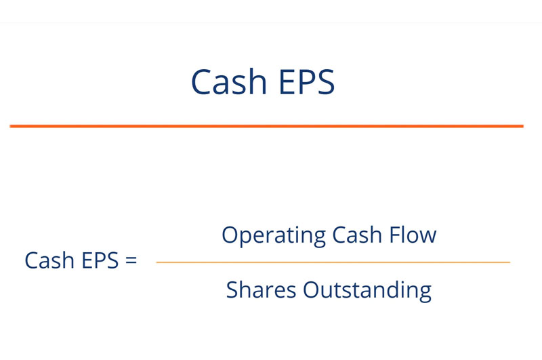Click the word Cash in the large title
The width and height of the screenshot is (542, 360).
click(229, 81)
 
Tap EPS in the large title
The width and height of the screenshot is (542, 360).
click(307, 81)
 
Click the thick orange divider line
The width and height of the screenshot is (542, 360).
click(266, 126)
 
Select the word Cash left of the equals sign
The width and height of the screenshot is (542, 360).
click(49, 260)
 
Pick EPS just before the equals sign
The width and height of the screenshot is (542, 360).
click(100, 260)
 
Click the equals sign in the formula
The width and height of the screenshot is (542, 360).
click(131, 260)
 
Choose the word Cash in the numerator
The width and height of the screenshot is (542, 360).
click(357, 235)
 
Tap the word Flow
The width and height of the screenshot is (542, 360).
click(413, 235)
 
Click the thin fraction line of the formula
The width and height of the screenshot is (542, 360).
click(333, 262)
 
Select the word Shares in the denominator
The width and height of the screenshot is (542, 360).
click(261, 289)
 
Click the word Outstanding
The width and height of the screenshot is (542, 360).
click(367, 291)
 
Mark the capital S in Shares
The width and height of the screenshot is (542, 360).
click(232, 289)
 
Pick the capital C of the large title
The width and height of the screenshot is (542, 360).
click(201, 81)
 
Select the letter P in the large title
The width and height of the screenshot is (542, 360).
click(308, 81)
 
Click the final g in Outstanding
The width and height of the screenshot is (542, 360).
click(425, 294)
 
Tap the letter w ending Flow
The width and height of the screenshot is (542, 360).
click(428, 237)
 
